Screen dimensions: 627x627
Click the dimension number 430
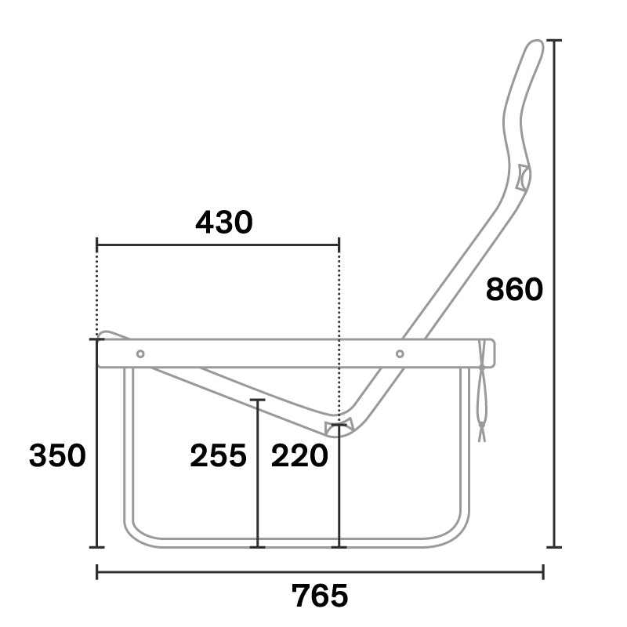(x=224, y=222)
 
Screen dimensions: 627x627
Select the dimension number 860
(x=514, y=289)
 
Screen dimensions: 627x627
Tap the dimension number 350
(x=57, y=455)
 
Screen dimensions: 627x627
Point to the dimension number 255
(x=219, y=455)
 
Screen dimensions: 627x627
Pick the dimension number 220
(x=299, y=455)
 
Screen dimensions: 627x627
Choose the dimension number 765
(x=320, y=596)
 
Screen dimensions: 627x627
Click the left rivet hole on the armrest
(x=140, y=353)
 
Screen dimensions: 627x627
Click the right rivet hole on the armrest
(x=400, y=353)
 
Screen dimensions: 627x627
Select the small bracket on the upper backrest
(x=523, y=177)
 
